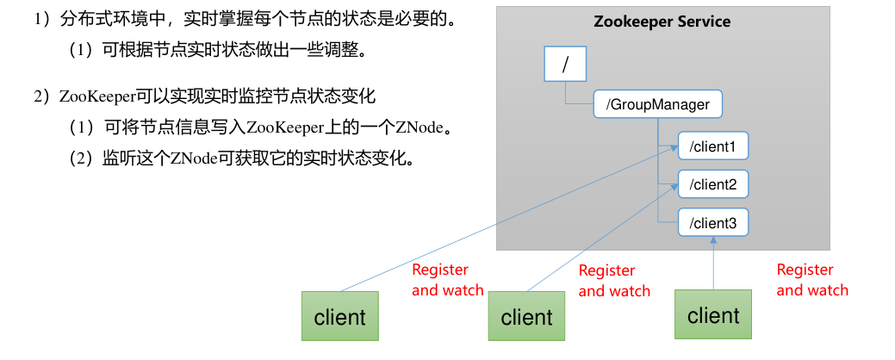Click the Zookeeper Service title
662,22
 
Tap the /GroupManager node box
657,105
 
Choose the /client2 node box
712,184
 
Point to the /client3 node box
712,223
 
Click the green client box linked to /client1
339,316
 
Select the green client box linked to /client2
526,316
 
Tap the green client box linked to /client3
713,314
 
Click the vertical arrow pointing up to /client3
713,263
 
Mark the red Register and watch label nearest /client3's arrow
811,280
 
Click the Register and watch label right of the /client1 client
447,280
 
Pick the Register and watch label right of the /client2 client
613,281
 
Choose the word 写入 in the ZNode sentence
228,127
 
